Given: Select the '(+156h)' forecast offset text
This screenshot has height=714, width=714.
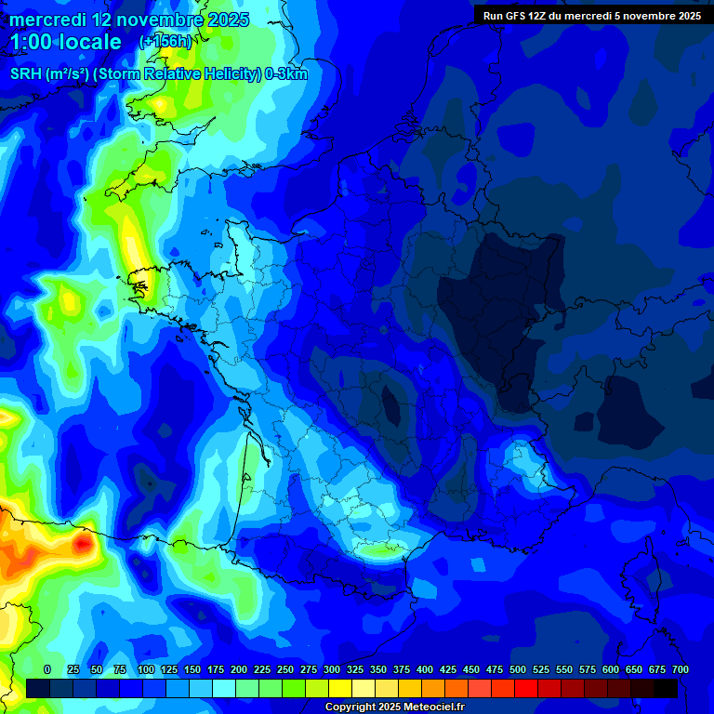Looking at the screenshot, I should [165, 42].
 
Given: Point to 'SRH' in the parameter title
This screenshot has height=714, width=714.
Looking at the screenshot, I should [25, 74].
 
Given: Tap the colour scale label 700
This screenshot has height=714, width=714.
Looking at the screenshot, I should [680, 669].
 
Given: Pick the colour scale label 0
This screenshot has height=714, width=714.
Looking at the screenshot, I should [47, 669].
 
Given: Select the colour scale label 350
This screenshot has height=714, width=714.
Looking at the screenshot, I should [378, 669].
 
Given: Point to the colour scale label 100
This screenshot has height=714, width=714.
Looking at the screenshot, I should [146, 669].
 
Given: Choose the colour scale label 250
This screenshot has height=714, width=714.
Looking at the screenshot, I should [285, 669].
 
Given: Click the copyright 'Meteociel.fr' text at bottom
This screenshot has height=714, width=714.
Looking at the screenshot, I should [428, 707].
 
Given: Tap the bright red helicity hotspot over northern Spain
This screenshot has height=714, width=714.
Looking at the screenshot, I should [83, 542].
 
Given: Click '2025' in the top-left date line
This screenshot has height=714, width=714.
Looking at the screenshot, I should [227, 20].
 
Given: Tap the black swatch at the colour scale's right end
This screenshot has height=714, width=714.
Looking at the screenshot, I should [665, 688].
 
